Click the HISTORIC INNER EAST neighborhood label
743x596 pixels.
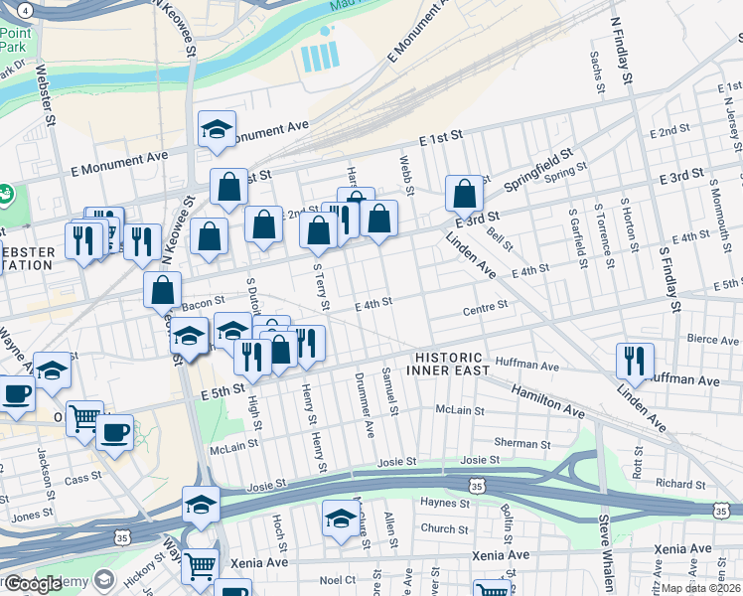(449, 364)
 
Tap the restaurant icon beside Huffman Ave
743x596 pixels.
(635, 362)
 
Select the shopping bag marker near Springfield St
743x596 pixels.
(464, 194)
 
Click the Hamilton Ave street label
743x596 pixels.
(547, 401)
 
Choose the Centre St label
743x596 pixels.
(486, 310)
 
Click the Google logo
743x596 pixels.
(33, 584)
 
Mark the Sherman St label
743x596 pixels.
(524, 443)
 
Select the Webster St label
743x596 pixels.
(43, 96)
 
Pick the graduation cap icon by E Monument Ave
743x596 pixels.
(216, 129)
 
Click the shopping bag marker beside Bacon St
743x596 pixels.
(163, 290)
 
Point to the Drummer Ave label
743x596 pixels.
(367, 412)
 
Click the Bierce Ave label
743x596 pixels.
(713, 339)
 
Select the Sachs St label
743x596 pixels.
(598, 74)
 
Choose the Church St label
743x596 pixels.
(437, 528)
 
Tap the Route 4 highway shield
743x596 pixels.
(25, 9)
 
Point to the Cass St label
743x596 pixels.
(76, 479)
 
